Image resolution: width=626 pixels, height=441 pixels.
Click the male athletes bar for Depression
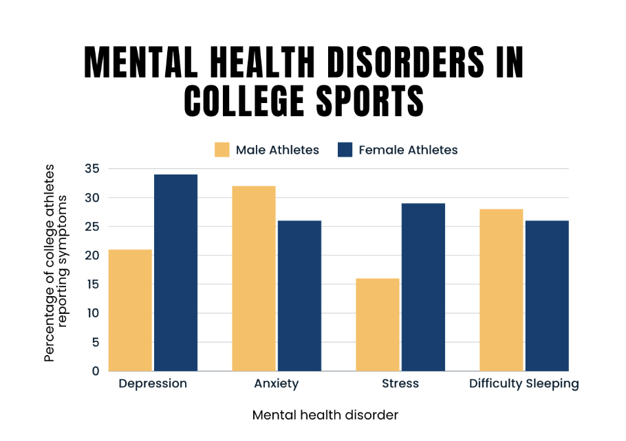[130, 310]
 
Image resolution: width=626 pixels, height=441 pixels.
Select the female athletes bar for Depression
[175, 273]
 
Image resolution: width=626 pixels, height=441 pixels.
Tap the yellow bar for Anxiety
[254, 279]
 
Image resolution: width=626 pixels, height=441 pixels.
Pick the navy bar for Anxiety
[299, 296]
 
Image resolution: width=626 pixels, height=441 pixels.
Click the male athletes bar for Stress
[378, 325]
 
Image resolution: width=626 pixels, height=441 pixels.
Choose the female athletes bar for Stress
[423, 287]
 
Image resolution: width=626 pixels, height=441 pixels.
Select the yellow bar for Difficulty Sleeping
[501, 291]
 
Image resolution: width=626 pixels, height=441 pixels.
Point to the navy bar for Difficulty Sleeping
[547, 296]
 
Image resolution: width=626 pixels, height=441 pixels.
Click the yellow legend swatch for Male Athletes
[222, 150]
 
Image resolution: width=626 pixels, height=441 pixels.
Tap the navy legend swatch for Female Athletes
[345, 150]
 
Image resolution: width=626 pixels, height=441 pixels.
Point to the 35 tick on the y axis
[92, 169]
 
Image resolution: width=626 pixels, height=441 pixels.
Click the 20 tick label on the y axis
[92, 256]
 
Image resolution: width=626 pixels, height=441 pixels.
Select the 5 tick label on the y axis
[96, 342]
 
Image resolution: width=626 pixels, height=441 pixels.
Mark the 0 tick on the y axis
[96, 371]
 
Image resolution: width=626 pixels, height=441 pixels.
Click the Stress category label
[400, 383]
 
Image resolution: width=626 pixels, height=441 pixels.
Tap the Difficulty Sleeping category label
[524, 384]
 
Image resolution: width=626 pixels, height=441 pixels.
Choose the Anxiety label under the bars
[277, 384]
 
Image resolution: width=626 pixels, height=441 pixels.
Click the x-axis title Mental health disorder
[325, 415]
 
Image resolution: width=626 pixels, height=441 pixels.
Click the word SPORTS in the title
[369, 101]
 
